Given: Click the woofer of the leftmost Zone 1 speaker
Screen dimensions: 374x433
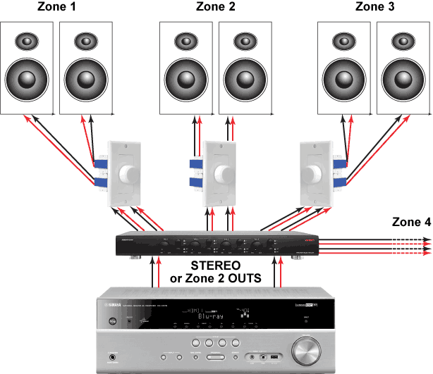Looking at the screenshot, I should click(26, 75).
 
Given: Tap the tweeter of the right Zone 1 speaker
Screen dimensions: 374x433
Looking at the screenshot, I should click(85, 41).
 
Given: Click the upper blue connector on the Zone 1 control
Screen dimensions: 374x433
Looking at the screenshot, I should click(99, 165).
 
